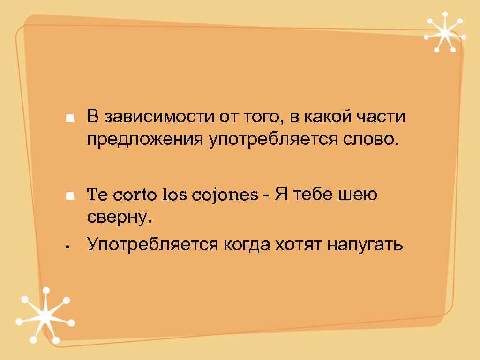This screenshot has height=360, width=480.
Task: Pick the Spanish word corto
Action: [x=134, y=195]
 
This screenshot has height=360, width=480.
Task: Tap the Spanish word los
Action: [x=173, y=195]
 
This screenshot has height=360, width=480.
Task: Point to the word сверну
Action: [x=120, y=217]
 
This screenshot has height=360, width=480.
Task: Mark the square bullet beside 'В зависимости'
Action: [x=70, y=118]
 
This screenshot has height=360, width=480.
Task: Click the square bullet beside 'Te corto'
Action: [x=70, y=195]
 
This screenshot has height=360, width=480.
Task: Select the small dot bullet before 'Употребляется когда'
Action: [x=68, y=245]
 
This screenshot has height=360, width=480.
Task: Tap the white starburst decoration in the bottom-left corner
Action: [x=45, y=315]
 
